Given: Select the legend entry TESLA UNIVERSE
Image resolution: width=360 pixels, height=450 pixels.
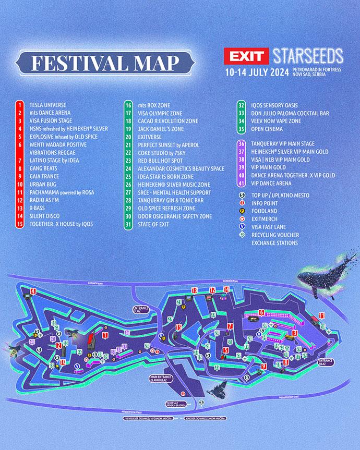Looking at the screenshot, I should click(x=47, y=104).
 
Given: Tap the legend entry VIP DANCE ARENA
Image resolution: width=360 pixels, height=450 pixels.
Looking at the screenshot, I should click(x=274, y=184).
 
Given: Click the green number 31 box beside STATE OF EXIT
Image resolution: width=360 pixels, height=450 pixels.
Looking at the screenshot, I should click(x=128, y=224).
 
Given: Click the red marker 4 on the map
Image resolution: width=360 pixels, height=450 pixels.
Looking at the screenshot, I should click(x=33, y=291).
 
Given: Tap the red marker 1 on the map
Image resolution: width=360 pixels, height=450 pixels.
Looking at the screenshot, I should click(x=105, y=335).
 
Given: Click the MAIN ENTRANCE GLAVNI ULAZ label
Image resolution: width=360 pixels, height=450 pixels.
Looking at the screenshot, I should click(x=161, y=379).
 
